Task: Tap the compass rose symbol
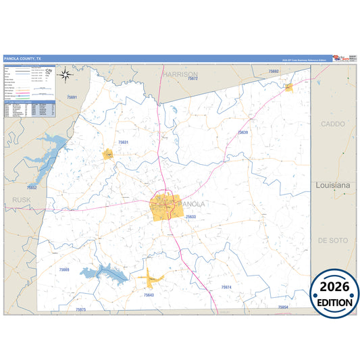coord(65,74)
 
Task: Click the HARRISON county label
coord(180,74)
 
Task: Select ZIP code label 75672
coord(193,79)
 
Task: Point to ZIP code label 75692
coord(273,71)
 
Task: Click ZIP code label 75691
coord(72,98)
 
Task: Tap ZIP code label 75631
coord(123,143)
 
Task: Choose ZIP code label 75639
coord(243,132)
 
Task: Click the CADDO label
coord(332,124)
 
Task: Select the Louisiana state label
coord(334,184)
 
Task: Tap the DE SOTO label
coord(332,240)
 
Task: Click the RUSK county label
coord(22,199)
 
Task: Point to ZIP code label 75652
coord(32,187)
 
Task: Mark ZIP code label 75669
coord(63,269)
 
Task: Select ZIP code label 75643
coord(149,294)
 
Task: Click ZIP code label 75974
coord(226,287)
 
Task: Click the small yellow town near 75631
coord(107,155)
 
